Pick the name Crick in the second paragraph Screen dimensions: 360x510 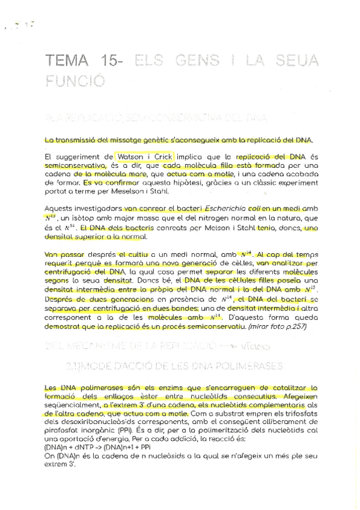tap(163, 156)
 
